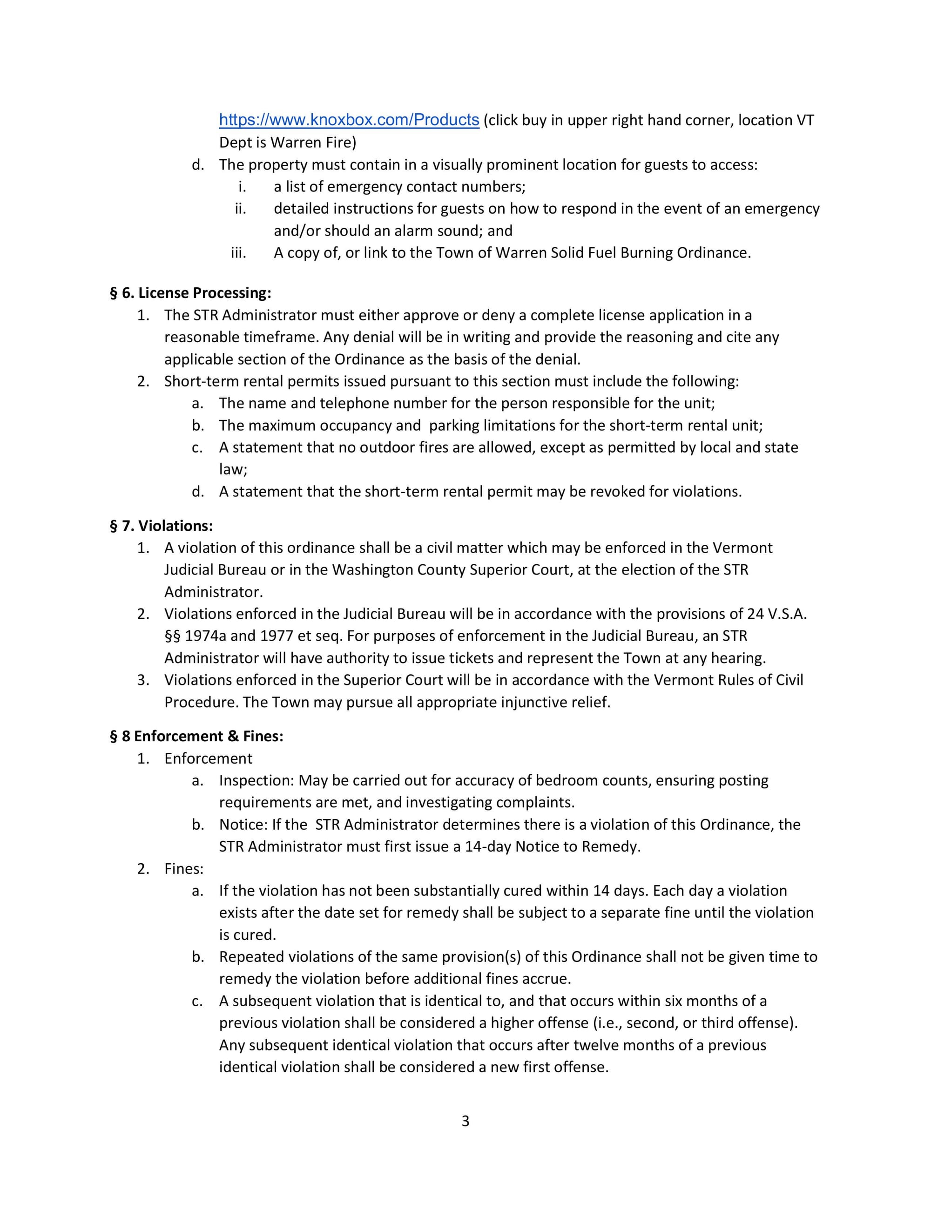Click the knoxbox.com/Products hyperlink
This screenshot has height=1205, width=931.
349,120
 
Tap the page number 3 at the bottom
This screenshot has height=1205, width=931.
465,1121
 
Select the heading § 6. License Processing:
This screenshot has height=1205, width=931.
190,292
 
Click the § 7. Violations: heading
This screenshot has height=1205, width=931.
161,525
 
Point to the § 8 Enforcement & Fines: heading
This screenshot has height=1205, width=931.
196,736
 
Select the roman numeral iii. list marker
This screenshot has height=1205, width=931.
238,253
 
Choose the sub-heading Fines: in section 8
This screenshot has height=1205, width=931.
184,868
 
